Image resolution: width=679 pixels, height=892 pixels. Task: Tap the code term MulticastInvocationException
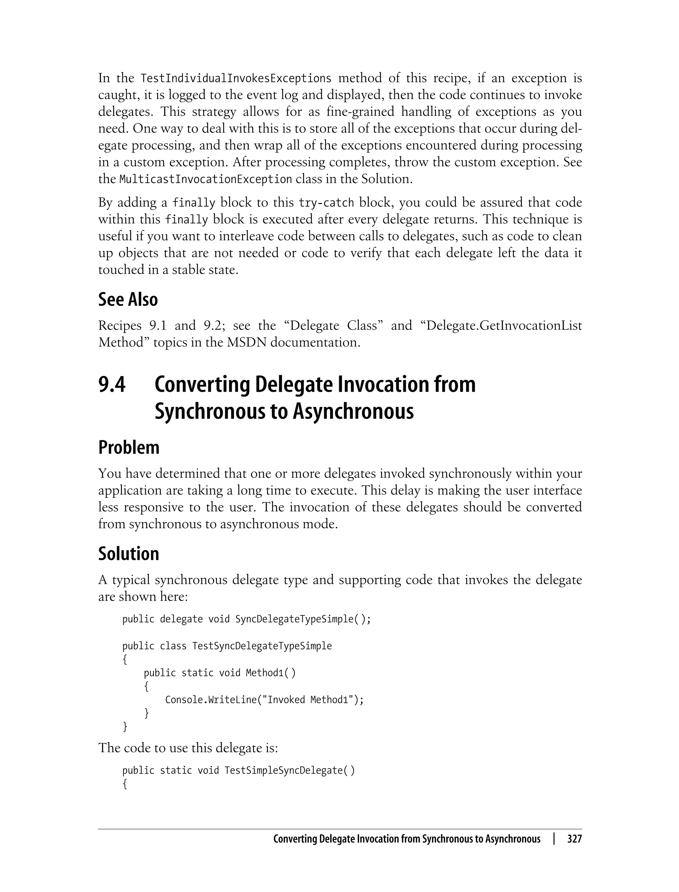[205, 179]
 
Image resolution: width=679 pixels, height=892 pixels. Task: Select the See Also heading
[128, 300]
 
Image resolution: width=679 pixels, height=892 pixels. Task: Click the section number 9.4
[112, 384]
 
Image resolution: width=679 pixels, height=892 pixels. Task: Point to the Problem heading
[129, 447]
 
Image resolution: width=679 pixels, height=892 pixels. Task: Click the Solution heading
[129, 554]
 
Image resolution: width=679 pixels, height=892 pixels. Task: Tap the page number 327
[574, 839]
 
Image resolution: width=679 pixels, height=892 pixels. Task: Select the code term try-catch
[326, 203]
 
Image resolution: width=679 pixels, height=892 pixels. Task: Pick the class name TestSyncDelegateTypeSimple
[262, 646]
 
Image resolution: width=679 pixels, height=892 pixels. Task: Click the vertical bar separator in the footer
[554, 839]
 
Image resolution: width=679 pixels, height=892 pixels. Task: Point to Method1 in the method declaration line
[264, 673]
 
